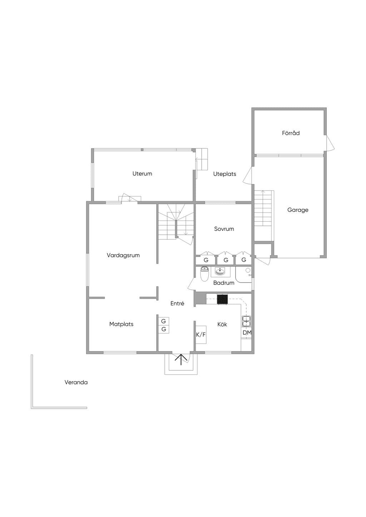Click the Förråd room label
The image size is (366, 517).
tap(291, 133)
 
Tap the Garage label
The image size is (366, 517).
tap(298, 210)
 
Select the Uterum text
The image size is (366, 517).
tap(142, 173)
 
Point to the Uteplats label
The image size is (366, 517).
tap(224, 174)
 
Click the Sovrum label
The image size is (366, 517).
tap(224, 229)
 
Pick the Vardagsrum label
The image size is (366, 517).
tap(123, 255)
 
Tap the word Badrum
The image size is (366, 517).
tap(224, 283)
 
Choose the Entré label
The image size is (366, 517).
tap(177, 303)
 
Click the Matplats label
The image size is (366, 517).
tap(121, 324)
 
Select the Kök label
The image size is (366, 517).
tap(222, 324)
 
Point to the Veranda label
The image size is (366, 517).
tap(76, 382)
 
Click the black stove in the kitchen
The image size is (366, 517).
tap(222, 299)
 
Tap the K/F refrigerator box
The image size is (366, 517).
tap(201, 335)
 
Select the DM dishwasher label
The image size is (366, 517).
tap(247, 333)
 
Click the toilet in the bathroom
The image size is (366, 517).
tap(204, 274)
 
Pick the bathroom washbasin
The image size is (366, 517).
tap(220, 272)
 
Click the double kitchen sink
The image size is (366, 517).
tap(247, 321)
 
